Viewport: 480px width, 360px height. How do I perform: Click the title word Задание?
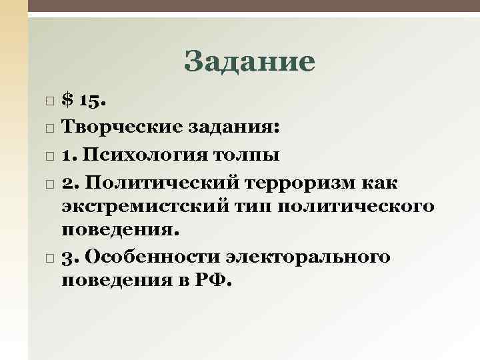(x=249, y=62)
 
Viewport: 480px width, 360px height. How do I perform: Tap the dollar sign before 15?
(x=67, y=101)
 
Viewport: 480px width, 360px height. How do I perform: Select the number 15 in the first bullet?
(x=90, y=101)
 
